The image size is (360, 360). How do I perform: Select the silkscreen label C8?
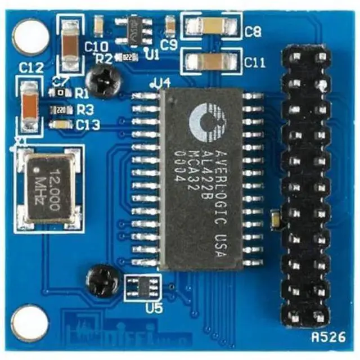click(253, 32)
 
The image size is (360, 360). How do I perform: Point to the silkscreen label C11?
click(255, 63)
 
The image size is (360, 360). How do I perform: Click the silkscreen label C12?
click(30, 69)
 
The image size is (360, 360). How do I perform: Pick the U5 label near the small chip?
click(152, 308)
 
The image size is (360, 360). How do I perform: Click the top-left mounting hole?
click(31, 37)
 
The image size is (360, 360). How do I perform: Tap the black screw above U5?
click(102, 280)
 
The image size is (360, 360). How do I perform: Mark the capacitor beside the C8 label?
click(211, 26)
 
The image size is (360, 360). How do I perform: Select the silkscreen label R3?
click(85, 109)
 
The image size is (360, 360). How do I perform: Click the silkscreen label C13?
click(88, 125)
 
